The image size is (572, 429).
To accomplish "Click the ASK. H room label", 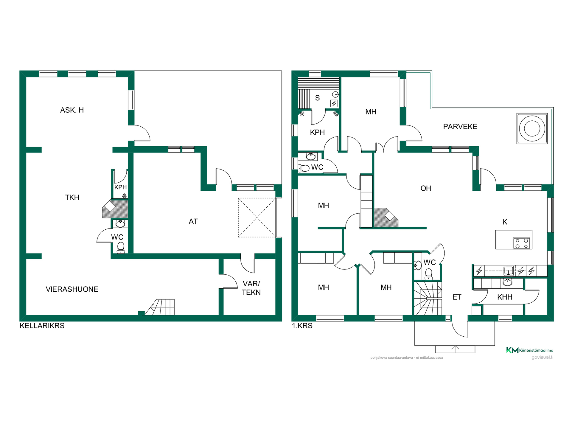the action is (72, 110).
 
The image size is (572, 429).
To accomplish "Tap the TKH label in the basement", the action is (72, 198).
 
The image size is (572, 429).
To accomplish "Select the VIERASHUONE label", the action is (72, 289).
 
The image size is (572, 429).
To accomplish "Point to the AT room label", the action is (193, 221).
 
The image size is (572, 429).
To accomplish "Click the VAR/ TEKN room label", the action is (251, 288).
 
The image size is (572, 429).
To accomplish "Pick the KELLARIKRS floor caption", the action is (42, 326).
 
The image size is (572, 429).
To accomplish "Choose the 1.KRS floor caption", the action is (302, 326).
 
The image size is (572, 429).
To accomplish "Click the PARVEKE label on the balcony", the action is (460, 127).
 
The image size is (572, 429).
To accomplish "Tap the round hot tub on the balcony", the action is (532, 128).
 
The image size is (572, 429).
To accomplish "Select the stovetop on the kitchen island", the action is (522, 243).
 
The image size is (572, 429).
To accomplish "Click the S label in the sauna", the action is (317, 98).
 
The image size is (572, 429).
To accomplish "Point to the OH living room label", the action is (426, 188).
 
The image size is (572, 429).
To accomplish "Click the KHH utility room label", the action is (505, 297).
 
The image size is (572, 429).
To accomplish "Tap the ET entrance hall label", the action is (457, 297).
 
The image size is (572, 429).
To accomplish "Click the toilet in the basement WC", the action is (121, 248).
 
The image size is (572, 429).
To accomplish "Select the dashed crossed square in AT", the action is (257, 218).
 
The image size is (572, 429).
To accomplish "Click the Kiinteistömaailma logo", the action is (530, 350).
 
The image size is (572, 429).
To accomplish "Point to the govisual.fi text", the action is (543, 357).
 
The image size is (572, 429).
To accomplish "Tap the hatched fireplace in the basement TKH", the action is (115, 209).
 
